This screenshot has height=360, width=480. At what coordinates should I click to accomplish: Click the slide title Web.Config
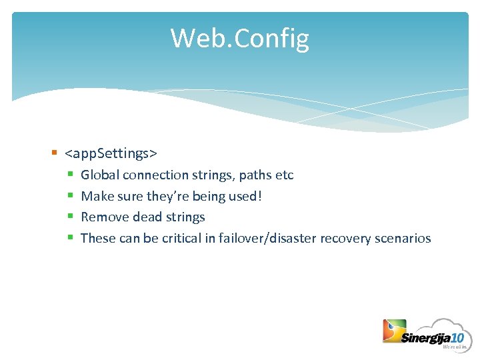[x=239, y=38]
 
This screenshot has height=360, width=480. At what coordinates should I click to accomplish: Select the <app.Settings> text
[x=111, y=154]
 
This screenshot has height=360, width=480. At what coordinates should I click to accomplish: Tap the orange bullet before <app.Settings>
[x=54, y=153]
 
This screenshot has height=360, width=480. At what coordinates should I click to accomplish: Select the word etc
[x=285, y=175]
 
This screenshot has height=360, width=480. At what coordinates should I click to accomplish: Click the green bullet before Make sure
[x=70, y=196]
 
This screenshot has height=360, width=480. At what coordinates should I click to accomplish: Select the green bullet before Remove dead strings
[x=70, y=217]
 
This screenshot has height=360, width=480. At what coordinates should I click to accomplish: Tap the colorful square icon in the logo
[x=394, y=331]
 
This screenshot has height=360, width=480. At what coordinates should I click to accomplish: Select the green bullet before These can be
[x=70, y=238]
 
